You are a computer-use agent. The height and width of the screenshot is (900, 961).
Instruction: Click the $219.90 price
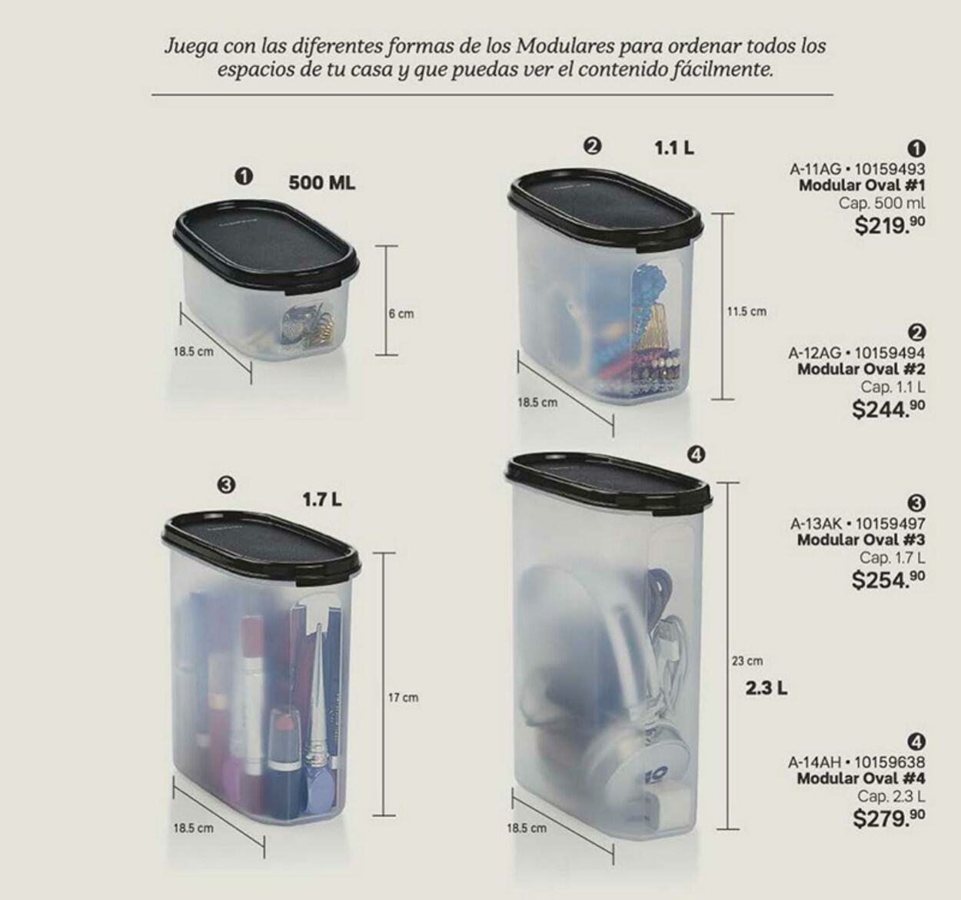pos(890,226)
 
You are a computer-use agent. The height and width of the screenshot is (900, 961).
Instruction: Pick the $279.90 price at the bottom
pos(889,818)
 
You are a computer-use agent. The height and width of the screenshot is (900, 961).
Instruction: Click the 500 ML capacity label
pos(321,184)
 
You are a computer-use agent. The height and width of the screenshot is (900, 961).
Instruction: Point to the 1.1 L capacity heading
pos(674,148)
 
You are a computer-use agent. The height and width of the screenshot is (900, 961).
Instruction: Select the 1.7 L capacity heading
pos(321,500)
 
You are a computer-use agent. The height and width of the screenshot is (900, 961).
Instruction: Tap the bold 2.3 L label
pos(766,688)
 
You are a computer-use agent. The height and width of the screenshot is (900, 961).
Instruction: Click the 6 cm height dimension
pos(401,314)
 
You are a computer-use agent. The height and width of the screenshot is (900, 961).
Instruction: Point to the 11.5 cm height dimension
pos(747,311)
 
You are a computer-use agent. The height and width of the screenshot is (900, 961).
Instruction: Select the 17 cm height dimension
pos(403,698)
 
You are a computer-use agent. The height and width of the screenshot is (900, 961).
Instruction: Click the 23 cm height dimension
pos(747,661)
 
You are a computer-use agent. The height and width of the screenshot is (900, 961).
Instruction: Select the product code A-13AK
pos(818,523)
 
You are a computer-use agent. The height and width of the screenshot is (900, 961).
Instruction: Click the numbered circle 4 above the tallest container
pos(695,455)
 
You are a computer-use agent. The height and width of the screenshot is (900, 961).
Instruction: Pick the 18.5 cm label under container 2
pos(537,402)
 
